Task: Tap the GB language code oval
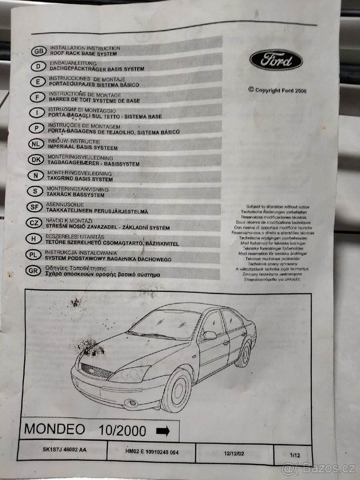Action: coord(38,51)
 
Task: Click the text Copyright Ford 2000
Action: coord(277,90)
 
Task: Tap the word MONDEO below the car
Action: coord(54,429)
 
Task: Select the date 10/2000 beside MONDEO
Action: coord(122,430)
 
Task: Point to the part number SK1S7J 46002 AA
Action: coord(64,450)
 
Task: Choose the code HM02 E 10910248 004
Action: coord(152,452)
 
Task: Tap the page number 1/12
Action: coord(295,455)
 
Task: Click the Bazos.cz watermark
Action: coord(319,467)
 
